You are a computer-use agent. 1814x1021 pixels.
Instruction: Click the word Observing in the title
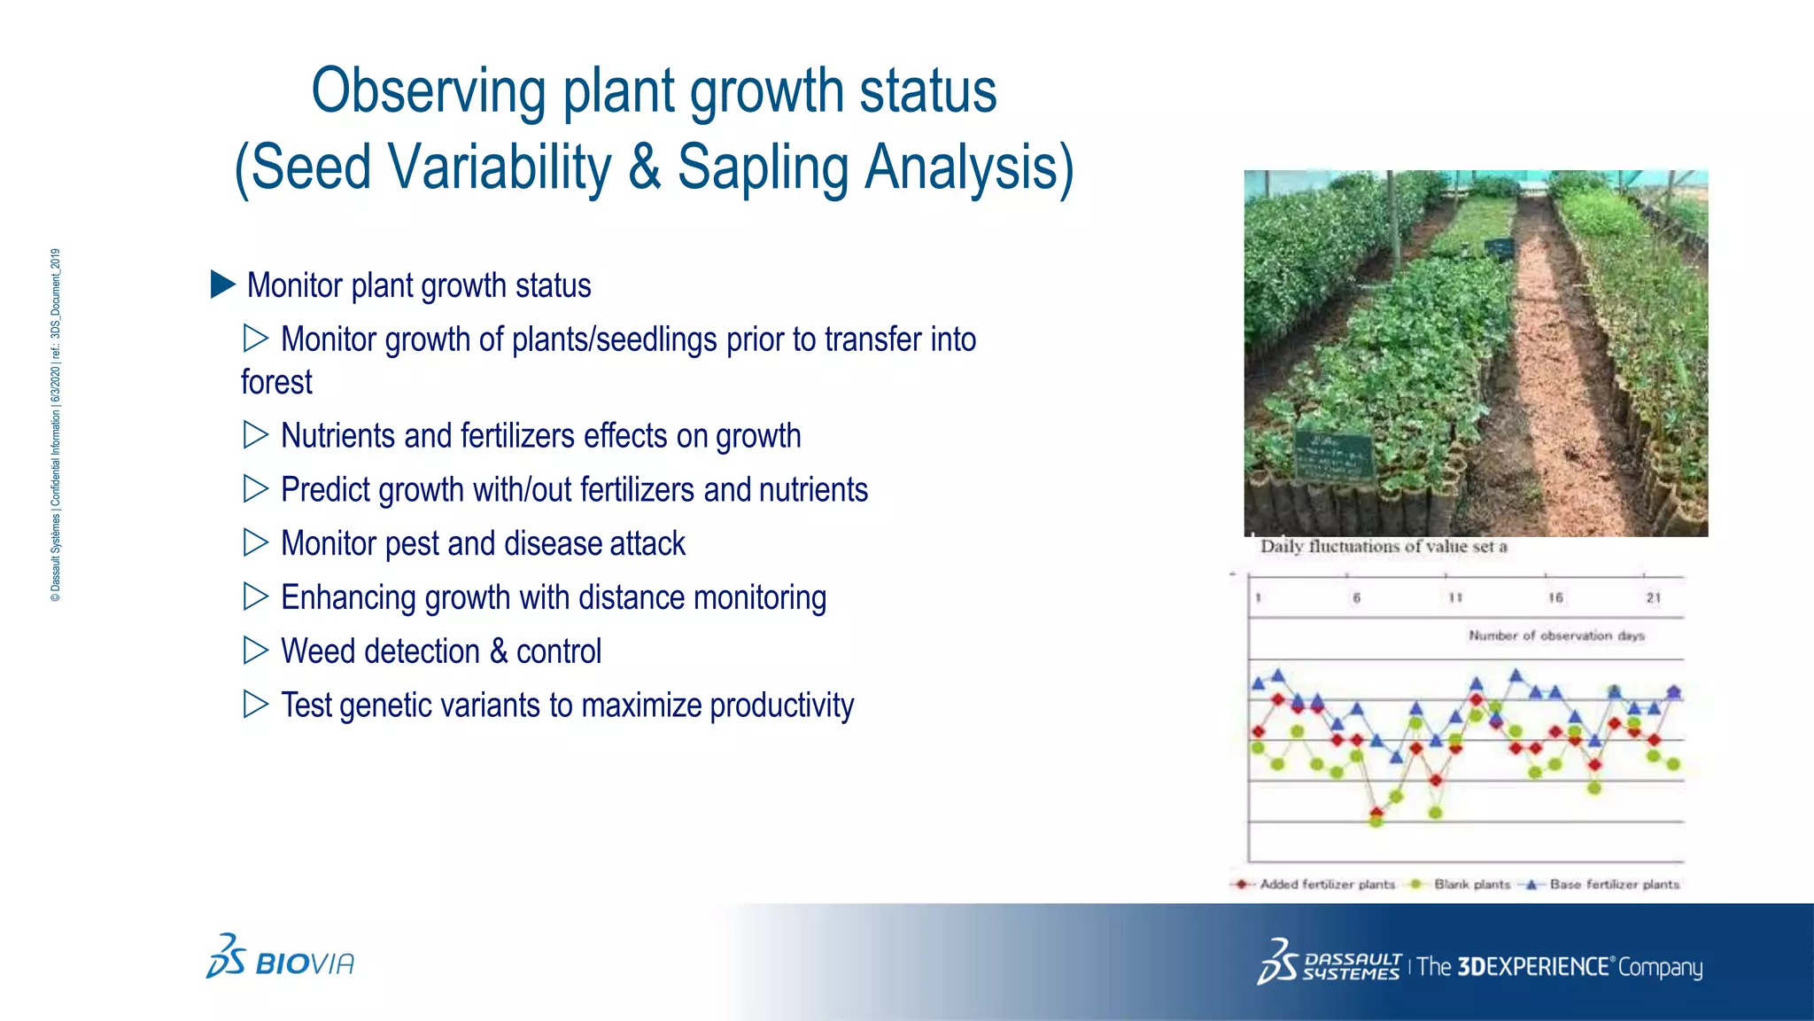tap(429, 92)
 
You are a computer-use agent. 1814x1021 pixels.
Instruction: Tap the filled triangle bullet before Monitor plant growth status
tap(222, 284)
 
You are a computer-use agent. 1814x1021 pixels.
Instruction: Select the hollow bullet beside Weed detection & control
tap(255, 651)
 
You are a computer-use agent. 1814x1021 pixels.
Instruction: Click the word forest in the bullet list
tap(276, 383)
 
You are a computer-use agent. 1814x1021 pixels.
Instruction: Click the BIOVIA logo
tap(280, 958)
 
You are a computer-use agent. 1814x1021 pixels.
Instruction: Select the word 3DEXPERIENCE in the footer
tap(1531, 966)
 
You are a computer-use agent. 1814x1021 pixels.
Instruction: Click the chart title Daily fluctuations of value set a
tap(1383, 547)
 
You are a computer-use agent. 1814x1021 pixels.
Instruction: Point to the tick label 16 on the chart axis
tap(1554, 598)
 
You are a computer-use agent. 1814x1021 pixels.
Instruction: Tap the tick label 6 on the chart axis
tap(1356, 598)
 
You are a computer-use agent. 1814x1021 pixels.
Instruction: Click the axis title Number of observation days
tap(1555, 635)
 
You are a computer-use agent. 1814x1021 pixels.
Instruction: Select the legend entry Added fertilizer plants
tap(1326, 885)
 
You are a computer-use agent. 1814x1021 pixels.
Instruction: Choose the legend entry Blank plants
tap(1471, 885)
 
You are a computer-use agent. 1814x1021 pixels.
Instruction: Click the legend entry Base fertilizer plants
tap(1613, 885)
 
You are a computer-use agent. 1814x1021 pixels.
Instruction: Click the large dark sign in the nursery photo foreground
tap(1334, 456)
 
